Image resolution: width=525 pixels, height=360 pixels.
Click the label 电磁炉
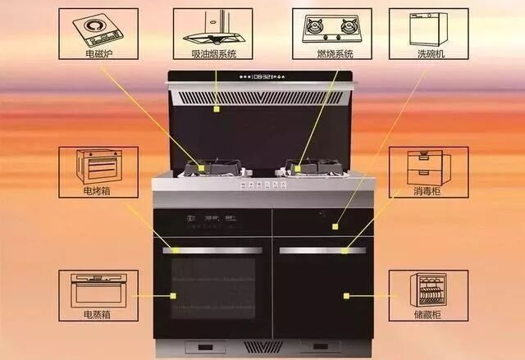[x=98, y=53]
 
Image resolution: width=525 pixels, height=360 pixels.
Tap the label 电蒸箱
[x=96, y=313]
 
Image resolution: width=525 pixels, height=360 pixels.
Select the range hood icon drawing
[x=213, y=29]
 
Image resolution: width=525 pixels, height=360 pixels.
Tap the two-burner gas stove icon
[x=331, y=29]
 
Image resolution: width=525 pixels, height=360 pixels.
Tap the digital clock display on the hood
[x=264, y=76]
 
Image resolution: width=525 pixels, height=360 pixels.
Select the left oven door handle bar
[x=212, y=250]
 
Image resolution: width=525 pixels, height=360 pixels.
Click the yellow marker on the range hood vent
[x=217, y=107]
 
